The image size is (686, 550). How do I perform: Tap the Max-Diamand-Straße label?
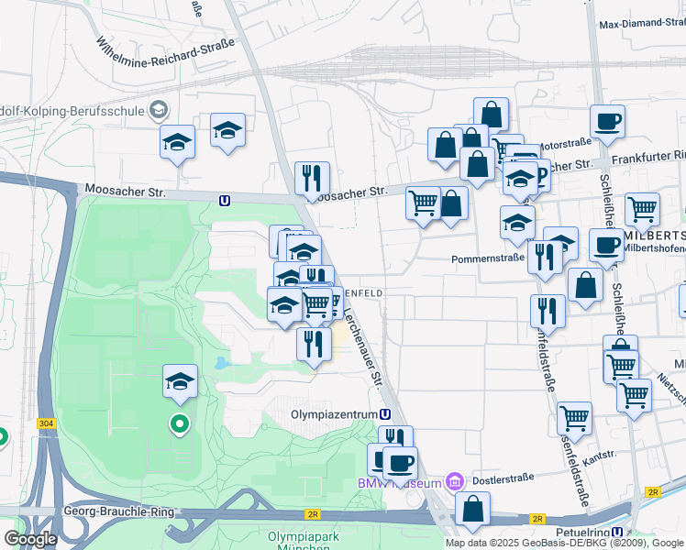click(641, 24)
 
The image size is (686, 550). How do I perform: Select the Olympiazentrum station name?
click(334, 414)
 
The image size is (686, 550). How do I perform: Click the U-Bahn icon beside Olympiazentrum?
click(385, 414)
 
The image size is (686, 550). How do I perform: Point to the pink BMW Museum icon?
click(452, 481)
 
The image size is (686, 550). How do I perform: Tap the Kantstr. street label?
click(598, 456)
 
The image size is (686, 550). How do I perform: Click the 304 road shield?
click(46, 423)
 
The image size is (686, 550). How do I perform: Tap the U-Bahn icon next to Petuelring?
click(618, 532)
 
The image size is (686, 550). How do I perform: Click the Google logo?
click(29, 539)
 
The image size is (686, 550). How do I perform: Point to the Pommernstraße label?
click(487, 259)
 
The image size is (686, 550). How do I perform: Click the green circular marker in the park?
click(180, 424)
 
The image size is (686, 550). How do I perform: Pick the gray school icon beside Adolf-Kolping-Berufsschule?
click(159, 111)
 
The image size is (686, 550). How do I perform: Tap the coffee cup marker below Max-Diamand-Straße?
click(606, 121)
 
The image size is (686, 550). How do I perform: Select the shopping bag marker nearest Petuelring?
click(472, 510)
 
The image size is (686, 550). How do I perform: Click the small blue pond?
click(223, 364)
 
